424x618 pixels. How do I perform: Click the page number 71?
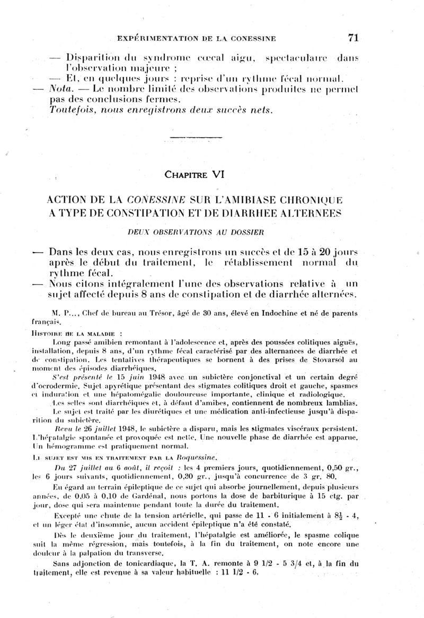click(x=354, y=37)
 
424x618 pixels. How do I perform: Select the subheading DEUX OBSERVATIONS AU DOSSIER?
click(x=196, y=231)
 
